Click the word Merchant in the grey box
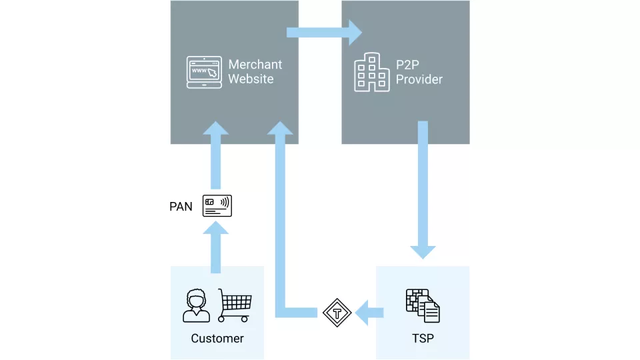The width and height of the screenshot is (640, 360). [x=255, y=65]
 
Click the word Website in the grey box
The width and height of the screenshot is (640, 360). [x=251, y=79]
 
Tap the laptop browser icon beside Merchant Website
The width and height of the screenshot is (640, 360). [x=204, y=72]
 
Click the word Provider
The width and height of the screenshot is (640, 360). [x=419, y=79]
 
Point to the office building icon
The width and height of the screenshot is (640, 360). [x=371, y=73]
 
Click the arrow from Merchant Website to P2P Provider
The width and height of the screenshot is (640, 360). [x=324, y=32]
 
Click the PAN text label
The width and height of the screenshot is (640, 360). [x=181, y=207]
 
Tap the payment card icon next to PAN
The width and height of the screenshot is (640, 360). [x=217, y=206]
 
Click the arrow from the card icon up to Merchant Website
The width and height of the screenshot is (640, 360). [x=216, y=157]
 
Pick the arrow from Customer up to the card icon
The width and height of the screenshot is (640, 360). [x=216, y=247]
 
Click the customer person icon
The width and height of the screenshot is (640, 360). [x=196, y=306]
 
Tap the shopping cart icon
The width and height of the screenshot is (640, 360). [x=234, y=305]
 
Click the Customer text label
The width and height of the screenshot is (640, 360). [x=217, y=338]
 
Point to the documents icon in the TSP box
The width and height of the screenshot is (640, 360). [x=423, y=305]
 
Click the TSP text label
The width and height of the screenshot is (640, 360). [x=423, y=338]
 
